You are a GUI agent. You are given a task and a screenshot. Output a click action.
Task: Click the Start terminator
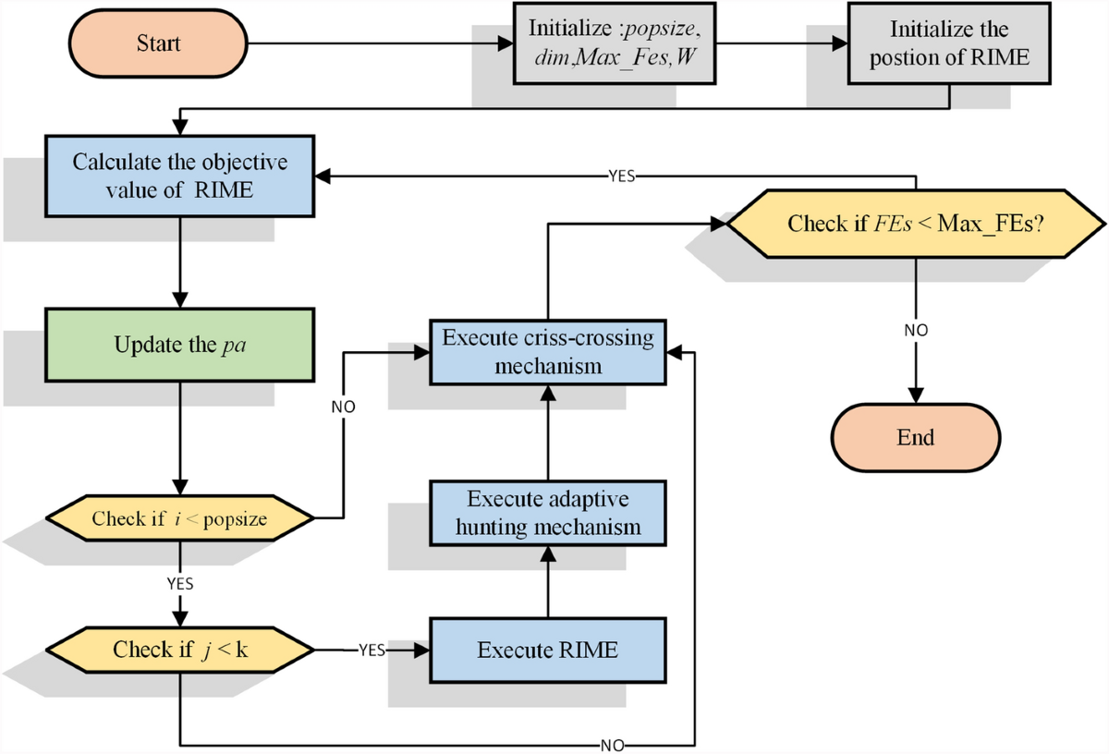point(158,43)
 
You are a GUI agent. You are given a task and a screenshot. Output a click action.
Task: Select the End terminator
point(916,438)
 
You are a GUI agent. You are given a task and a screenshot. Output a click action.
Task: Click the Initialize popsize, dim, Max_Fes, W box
point(615,43)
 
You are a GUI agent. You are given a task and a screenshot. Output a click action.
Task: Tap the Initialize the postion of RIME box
point(949,43)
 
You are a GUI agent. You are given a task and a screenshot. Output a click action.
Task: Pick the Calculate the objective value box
point(179,176)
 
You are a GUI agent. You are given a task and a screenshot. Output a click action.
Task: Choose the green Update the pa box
point(179,345)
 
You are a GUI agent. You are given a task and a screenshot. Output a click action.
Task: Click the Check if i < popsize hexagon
point(179,517)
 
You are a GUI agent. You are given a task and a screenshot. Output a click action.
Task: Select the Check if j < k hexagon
point(179,650)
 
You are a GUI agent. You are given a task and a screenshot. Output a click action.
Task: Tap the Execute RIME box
point(547,650)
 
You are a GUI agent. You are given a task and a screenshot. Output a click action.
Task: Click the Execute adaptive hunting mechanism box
point(547,513)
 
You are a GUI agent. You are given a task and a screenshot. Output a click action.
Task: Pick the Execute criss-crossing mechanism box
point(547,352)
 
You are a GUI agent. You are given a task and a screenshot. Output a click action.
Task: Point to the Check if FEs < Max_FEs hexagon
point(916,224)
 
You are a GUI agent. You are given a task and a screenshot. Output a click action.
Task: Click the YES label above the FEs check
point(621,176)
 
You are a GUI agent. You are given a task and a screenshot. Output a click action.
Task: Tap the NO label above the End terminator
point(916,330)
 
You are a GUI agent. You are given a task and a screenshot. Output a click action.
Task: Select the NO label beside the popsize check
point(343,407)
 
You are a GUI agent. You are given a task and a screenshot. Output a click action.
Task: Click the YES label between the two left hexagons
point(180,584)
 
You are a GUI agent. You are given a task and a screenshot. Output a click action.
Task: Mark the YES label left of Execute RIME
point(372,650)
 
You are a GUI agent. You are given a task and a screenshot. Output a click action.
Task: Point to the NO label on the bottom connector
point(613,745)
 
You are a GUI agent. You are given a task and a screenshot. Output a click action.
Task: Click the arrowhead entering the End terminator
point(916,395)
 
